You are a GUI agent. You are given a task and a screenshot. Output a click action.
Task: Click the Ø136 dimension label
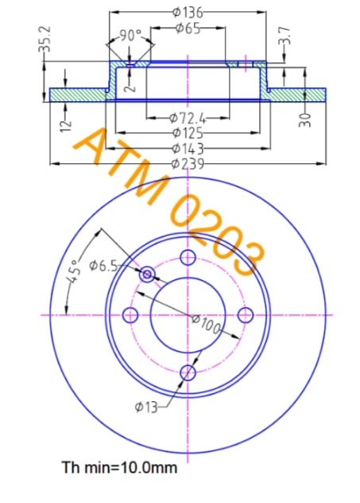coord(188,12)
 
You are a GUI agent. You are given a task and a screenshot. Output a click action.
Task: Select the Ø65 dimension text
coord(187,29)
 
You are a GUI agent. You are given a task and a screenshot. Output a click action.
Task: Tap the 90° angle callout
coord(130,35)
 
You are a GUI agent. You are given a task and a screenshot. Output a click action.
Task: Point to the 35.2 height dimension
coord(45,40)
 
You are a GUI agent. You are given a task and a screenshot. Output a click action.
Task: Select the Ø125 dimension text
coord(188,134)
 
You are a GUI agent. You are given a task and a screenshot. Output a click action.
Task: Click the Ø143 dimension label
coord(188,149)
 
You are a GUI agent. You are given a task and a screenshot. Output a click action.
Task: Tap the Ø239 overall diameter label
coord(188,164)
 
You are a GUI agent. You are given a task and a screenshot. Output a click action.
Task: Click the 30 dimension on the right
coord(306,119)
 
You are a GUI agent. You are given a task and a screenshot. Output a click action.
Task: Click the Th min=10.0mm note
coord(119,467)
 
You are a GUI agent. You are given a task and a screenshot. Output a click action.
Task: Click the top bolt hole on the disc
coord(188,257)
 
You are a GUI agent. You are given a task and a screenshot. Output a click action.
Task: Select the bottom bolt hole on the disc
coord(188,372)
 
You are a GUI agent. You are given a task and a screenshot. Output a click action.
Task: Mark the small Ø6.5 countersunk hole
coord(148,274)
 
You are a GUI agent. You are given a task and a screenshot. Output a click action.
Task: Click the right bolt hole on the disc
coord(246,314)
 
